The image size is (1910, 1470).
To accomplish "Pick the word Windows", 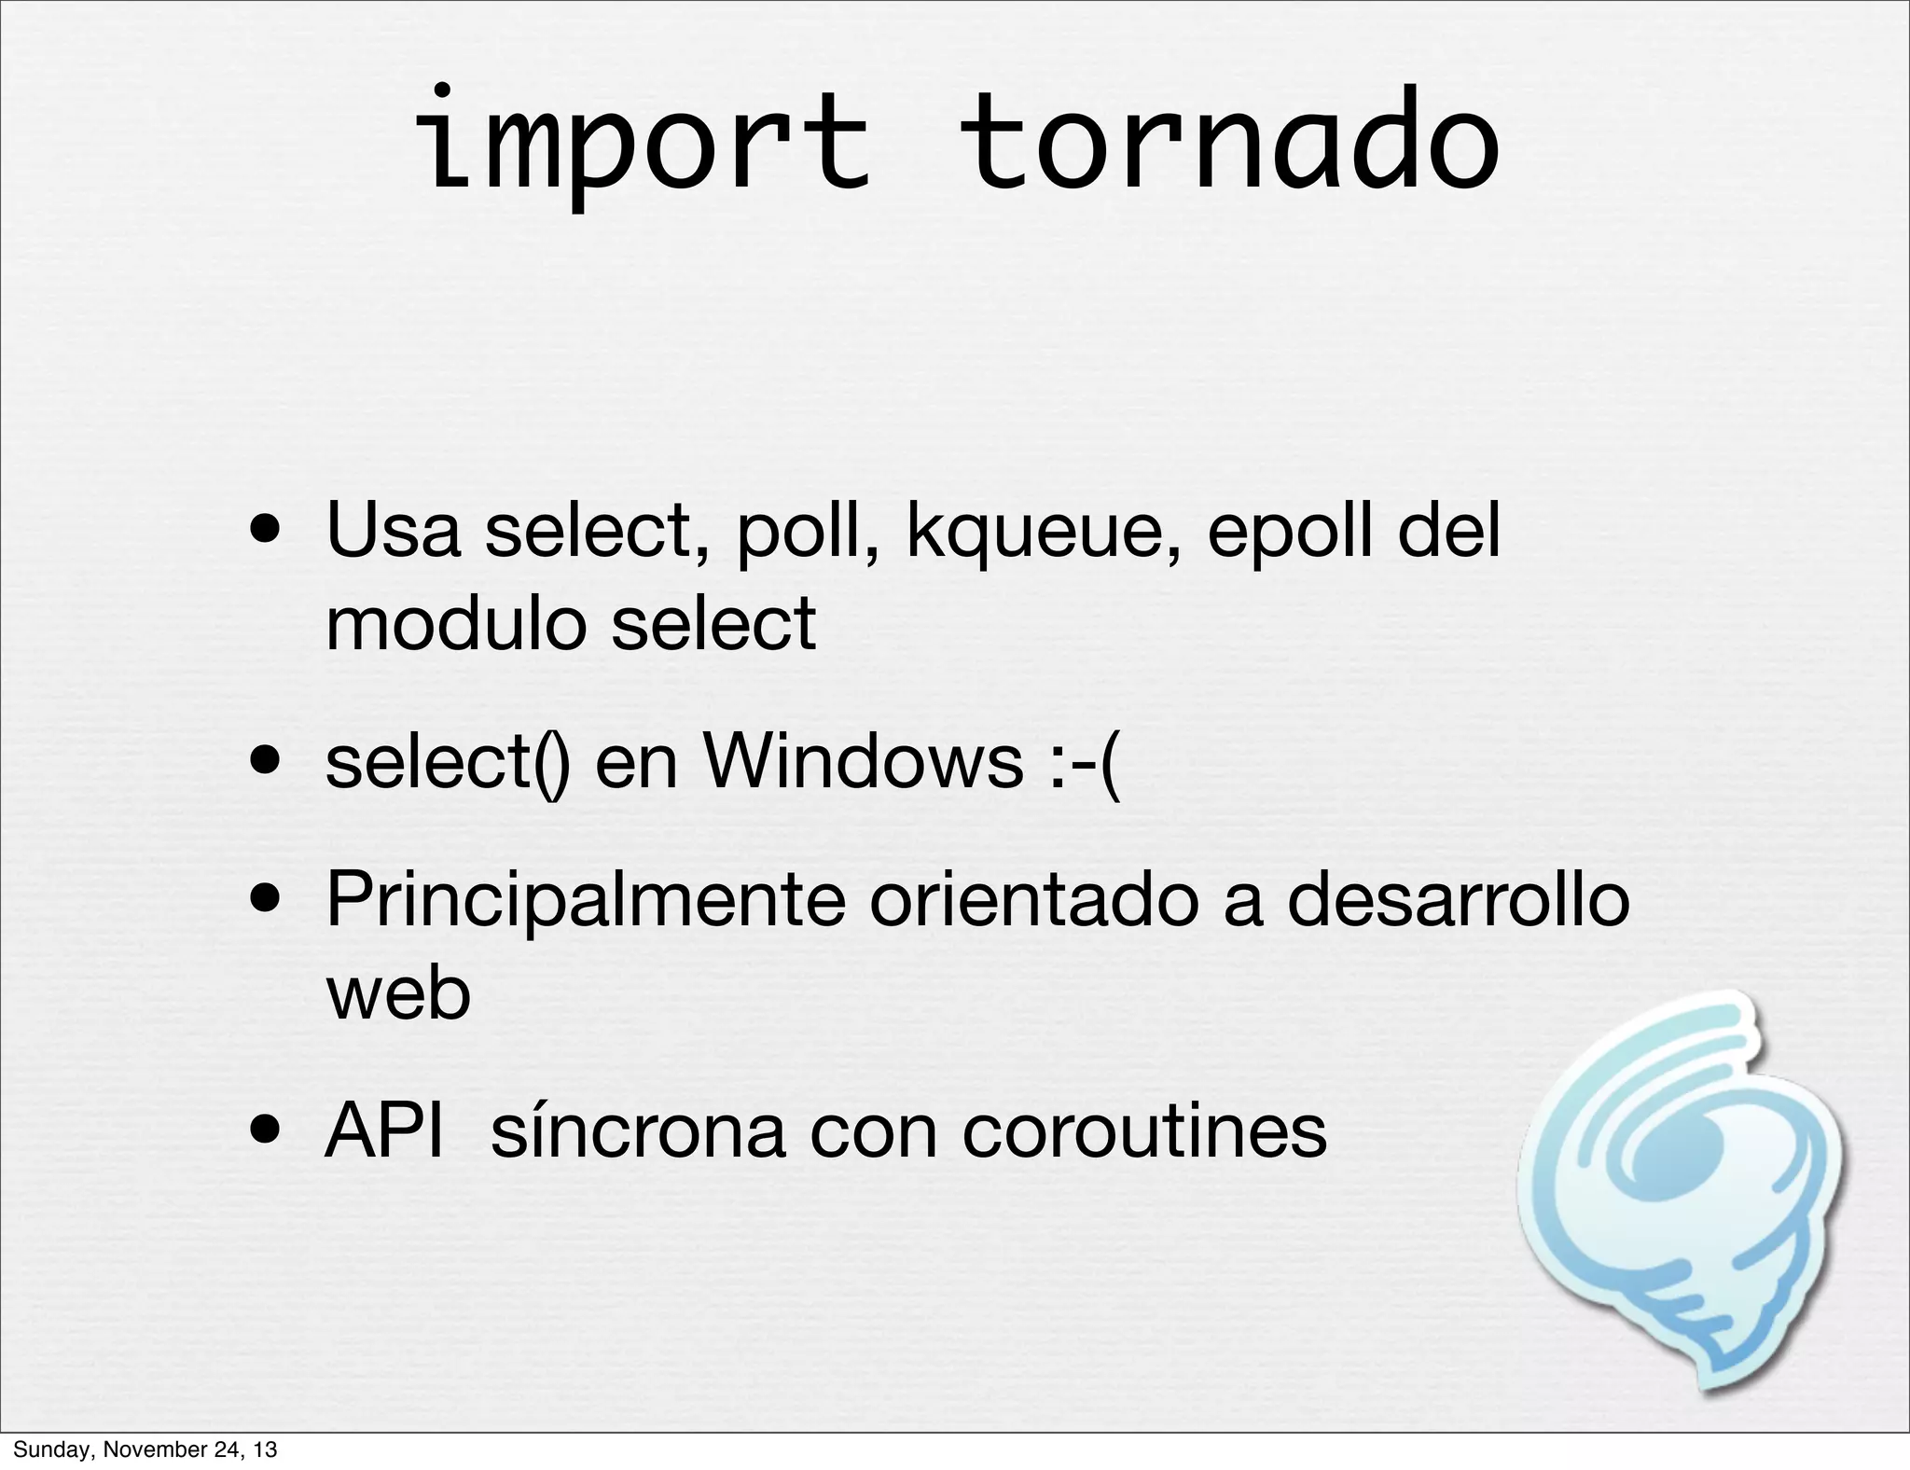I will [864, 761].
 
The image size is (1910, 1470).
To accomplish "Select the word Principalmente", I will [585, 900].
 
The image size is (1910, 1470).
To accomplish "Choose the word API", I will [383, 1130].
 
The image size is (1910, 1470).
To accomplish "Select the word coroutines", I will [1143, 1131].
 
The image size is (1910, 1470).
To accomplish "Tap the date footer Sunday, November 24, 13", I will [145, 1449].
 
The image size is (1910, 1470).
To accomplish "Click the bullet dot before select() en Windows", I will [268, 763].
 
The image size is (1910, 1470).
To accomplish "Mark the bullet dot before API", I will [268, 1132].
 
